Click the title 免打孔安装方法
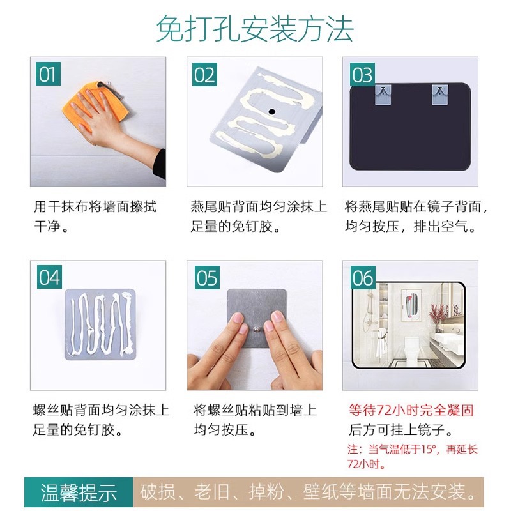pyautogui.click(x=255, y=29)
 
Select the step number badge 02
pyautogui.click(x=204, y=75)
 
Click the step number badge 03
pyautogui.click(x=362, y=75)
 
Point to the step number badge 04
pyautogui.click(x=49, y=278)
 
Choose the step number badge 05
pyautogui.click(x=206, y=278)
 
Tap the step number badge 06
pyautogui.click(x=362, y=278)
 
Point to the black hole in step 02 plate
pyautogui.click(x=271, y=111)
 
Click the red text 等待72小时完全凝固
pyautogui.click(x=411, y=410)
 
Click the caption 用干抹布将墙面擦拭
pyautogui.click(x=95, y=207)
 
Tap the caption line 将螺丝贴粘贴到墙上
pyautogui.click(x=255, y=410)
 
